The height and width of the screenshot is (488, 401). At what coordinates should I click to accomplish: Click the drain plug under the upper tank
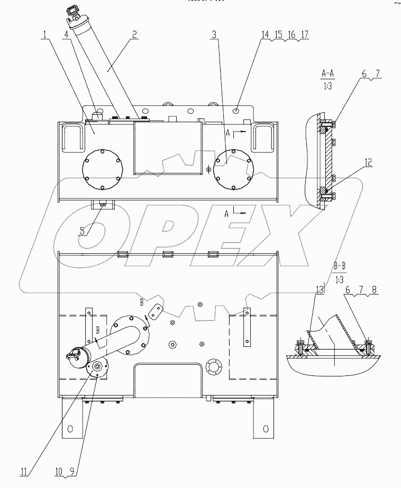(102, 202)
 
